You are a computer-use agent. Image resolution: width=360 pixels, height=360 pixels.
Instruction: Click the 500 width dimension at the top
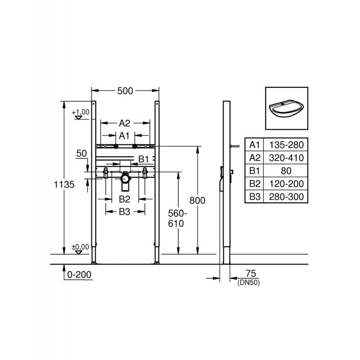pyautogui.click(x=125, y=91)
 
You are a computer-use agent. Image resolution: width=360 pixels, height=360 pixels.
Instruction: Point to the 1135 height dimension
pyautogui.click(x=64, y=184)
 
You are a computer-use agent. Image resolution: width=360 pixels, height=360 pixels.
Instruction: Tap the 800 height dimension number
pyautogui.click(x=197, y=201)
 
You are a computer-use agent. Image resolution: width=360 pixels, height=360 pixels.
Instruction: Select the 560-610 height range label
pyautogui.click(x=177, y=219)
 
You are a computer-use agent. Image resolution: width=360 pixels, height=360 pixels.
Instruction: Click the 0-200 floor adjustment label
pyautogui.click(x=79, y=274)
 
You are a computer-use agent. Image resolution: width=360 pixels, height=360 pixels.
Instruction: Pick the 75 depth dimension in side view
pyautogui.click(x=251, y=274)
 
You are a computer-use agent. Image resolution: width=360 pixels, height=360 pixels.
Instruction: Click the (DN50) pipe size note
pyautogui.click(x=249, y=283)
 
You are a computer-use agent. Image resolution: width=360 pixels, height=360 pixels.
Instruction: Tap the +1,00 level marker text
pyautogui.click(x=81, y=112)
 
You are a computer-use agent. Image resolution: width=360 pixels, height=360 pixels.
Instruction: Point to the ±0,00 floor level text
pyautogui.click(x=81, y=247)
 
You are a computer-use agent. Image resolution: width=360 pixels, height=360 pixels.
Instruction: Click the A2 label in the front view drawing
pyautogui.click(x=125, y=123)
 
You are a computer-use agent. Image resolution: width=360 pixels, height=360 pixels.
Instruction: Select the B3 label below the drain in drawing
pyautogui.click(x=125, y=212)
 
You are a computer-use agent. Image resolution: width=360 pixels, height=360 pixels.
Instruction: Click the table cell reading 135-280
pyautogui.click(x=286, y=145)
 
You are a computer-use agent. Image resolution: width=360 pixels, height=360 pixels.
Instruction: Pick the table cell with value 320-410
pyautogui.click(x=286, y=158)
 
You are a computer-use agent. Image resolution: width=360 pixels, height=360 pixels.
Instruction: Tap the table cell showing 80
pyautogui.click(x=286, y=171)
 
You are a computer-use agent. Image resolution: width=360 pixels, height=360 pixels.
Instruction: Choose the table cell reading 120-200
pyautogui.click(x=286, y=184)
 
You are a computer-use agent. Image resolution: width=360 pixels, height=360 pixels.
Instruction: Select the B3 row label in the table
pyautogui.click(x=255, y=197)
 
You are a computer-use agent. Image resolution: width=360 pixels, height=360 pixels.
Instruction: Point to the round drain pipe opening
pyautogui.click(x=125, y=179)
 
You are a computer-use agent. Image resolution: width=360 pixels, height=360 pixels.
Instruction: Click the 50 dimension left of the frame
pyautogui.click(x=81, y=153)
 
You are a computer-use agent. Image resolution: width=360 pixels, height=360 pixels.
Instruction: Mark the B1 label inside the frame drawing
pyautogui.click(x=144, y=159)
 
